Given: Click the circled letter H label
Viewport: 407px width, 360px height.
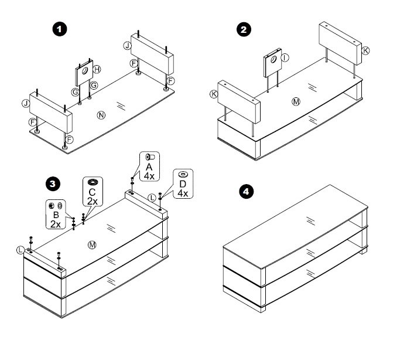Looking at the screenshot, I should click(x=97, y=69).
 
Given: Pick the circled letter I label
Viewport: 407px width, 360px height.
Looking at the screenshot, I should click(x=285, y=57).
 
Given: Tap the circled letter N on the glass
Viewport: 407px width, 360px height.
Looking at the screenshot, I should click(x=101, y=114).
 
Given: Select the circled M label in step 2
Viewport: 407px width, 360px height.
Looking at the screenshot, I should click(x=296, y=101).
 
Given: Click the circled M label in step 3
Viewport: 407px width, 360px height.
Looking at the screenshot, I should click(x=91, y=243).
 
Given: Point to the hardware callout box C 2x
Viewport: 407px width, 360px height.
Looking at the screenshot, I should click(x=92, y=191).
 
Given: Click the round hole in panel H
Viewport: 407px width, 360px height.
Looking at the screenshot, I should click(x=85, y=70).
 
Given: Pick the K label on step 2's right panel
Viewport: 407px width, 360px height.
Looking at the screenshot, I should click(x=367, y=51).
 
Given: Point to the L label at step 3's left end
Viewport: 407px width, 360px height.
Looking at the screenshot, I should click(x=22, y=250).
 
